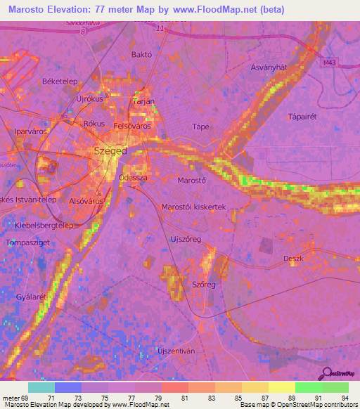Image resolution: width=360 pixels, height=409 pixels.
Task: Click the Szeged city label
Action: click(110, 151)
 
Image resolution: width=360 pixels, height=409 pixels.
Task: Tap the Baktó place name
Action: click(142, 54)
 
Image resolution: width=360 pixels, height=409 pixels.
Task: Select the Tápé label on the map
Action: click(201, 126)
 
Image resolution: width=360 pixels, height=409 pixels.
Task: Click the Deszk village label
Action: click(293, 259)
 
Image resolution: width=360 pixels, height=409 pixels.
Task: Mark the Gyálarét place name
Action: click(30, 297)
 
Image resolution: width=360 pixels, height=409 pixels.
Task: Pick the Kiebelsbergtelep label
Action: click(44, 226)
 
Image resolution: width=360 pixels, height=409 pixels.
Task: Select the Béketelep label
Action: click(59, 82)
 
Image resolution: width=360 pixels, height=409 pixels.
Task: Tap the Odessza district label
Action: click(133, 178)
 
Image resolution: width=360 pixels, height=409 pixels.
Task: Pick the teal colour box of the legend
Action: click(41, 387)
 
